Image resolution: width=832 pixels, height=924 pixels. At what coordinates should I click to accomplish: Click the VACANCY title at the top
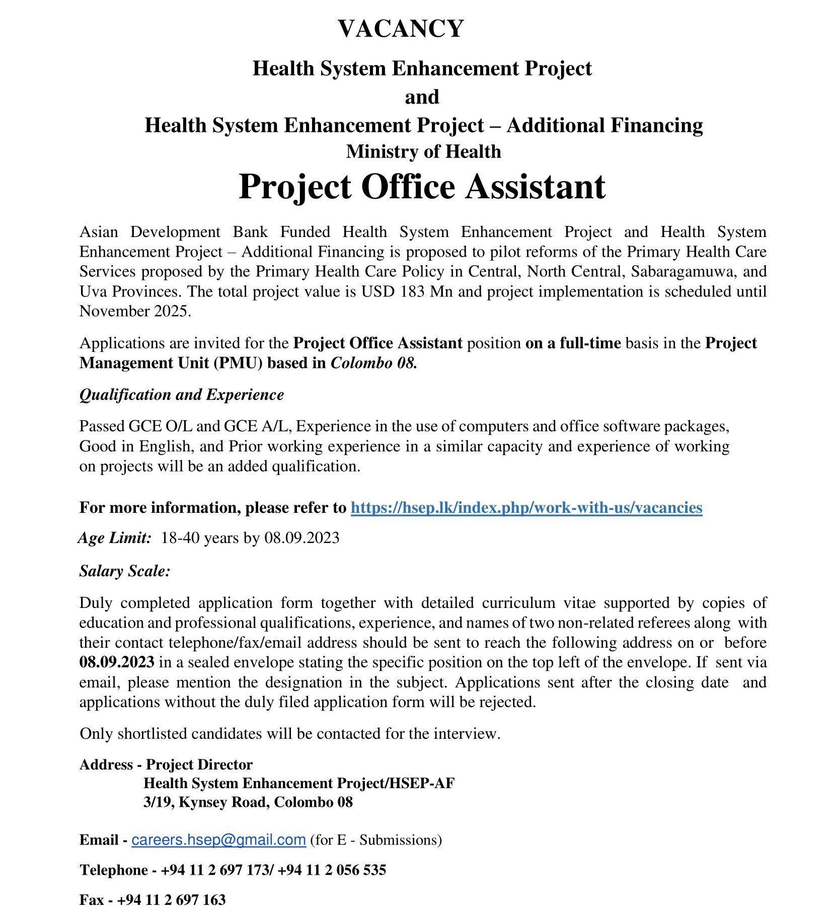pyautogui.click(x=401, y=29)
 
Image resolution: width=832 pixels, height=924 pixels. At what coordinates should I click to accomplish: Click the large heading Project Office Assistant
pyautogui.click(x=422, y=187)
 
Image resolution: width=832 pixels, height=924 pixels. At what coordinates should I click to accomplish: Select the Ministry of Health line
pyautogui.click(x=423, y=151)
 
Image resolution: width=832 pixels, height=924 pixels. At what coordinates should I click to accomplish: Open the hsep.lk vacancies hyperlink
pyautogui.click(x=526, y=507)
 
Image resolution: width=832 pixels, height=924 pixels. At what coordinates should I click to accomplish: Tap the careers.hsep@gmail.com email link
pyautogui.click(x=218, y=840)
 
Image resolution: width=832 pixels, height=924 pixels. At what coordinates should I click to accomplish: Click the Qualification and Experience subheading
pyautogui.click(x=182, y=395)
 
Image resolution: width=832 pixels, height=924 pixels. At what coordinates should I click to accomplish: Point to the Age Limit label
pyautogui.click(x=115, y=538)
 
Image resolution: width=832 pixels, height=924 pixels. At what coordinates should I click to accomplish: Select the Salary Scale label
pyautogui.click(x=125, y=571)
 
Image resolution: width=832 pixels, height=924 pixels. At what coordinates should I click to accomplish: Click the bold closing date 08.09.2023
pyautogui.click(x=117, y=662)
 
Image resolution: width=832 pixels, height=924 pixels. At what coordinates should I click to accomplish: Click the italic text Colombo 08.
pyautogui.click(x=373, y=363)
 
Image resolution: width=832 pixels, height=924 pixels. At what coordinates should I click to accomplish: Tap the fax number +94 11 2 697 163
pyautogui.click(x=171, y=900)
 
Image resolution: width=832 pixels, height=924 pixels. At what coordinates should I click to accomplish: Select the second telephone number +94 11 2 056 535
pyautogui.click(x=332, y=870)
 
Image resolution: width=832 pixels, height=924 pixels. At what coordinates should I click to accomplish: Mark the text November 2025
pyautogui.click(x=135, y=311)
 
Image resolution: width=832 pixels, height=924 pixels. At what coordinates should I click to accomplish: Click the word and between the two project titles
pyautogui.click(x=422, y=97)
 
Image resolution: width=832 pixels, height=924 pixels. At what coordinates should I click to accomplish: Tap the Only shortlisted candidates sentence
pyautogui.click(x=290, y=733)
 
